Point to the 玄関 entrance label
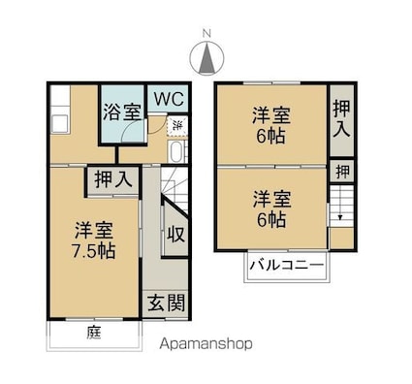click(x=167, y=303)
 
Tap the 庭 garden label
click(x=93, y=333)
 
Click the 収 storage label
click(x=175, y=235)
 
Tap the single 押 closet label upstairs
click(x=342, y=171)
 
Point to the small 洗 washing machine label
click(x=176, y=125)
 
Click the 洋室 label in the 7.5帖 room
click(x=95, y=231)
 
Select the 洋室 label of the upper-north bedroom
click(x=271, y=112)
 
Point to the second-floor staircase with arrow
click(x=340, y=207)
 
